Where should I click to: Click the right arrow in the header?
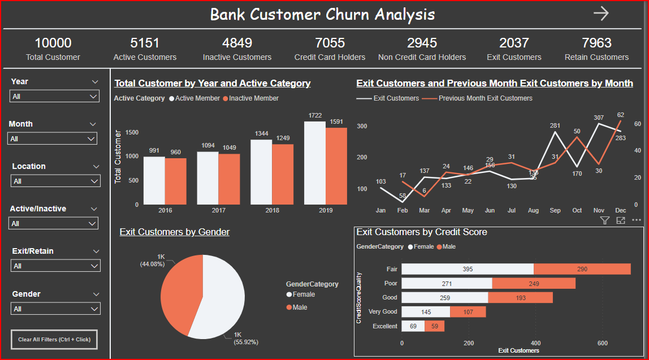[601, 14]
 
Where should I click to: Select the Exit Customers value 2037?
[514, 43]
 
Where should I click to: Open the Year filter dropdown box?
[55, 97]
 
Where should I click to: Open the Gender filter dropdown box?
[55, 309]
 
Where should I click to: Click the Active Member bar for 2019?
[314, 163]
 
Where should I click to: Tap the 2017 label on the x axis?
[218, 210]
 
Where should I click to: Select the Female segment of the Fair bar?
[468, 269]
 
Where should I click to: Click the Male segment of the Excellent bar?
[434, 326]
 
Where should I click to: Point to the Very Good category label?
[382, 311]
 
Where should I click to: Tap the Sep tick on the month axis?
[555, 210]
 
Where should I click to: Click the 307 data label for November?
[599, 118]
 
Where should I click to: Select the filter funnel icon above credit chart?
[604, 220]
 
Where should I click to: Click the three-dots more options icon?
[637, 220]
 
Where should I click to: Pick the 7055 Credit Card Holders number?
[330, 43]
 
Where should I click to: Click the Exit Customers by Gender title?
[174, 232]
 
